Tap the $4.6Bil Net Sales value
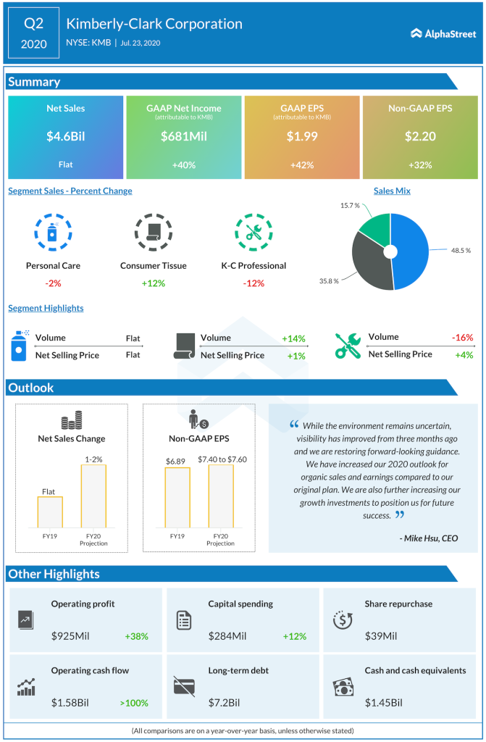coord(65,136)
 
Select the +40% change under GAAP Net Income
coord(183,164)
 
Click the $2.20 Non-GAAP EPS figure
coord(420,136)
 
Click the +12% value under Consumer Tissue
coord(153,283)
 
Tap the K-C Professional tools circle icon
coord(254,232)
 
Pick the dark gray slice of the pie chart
coord(369,261)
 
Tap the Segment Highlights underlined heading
coord(46,308)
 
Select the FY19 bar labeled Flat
coord(50,512)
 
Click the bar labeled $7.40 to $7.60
coord(221,496)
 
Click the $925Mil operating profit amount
coord(72,636)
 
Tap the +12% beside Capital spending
coord(294,636)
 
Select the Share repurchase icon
coord(342,620)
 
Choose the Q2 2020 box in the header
coord(33,33)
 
